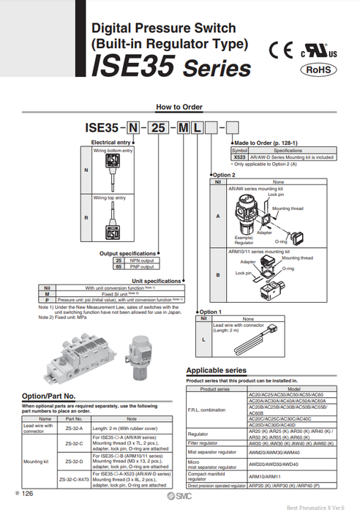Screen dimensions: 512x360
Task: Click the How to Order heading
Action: [179, 107]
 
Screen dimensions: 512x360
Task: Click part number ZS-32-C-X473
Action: [74, 478]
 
